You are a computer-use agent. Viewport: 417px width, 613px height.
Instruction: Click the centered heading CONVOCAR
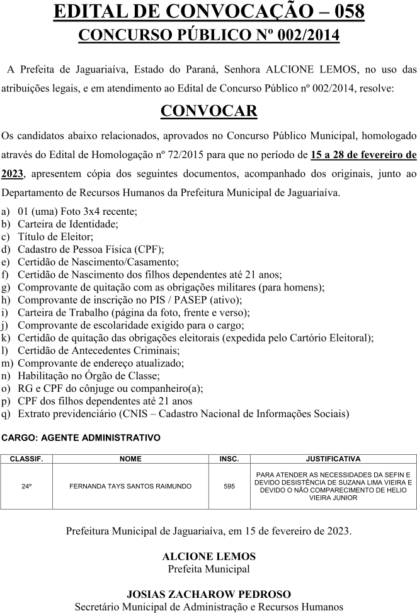pyautogui.click(x=208, y=111)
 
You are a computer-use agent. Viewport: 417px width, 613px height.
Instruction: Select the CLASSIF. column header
pyautogui.click(x=26, y=459)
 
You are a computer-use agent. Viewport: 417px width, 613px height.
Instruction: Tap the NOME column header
pyautogui.click(x=130, y=459)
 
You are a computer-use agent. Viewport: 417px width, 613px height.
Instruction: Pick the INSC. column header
pyautogui.click(x=229, y=459)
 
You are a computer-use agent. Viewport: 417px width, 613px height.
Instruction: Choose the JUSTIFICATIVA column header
pyautogui.click(x=333, y=459)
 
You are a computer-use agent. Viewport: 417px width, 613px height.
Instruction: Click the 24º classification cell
pyautogui.click(x=26, y=486)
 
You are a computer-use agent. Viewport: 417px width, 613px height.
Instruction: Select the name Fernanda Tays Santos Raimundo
pyautogui.click(x=130, y=486)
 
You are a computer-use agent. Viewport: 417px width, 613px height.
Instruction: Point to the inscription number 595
pyautogui.click(x=229, y=486)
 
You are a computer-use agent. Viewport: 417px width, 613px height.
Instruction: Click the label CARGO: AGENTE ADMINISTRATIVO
pyautogui.click(x=81, y=437)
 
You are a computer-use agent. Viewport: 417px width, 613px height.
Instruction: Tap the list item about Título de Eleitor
pyautogui.click(x=55, y=237)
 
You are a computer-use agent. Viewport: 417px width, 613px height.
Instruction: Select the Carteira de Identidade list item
pyautogui.click(x=68, y=224)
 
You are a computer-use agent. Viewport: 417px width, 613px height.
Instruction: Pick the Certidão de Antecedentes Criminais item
pyautogui.click(x=98, y=350)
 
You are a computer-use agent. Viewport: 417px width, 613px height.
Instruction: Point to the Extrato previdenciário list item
pyautogui.click(x=183, y=414)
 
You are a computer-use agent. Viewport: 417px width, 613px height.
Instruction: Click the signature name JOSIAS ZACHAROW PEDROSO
pyautogui.click(x=208, y=594)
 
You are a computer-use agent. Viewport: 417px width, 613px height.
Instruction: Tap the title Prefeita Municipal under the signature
pyautogui.click(x=208, y=569)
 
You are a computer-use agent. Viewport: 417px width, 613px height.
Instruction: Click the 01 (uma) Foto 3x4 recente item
pyautogui.click(x=77, y=211)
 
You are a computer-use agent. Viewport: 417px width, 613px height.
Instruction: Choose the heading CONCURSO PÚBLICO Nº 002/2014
pyautogui.click(x=208, y=35)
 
